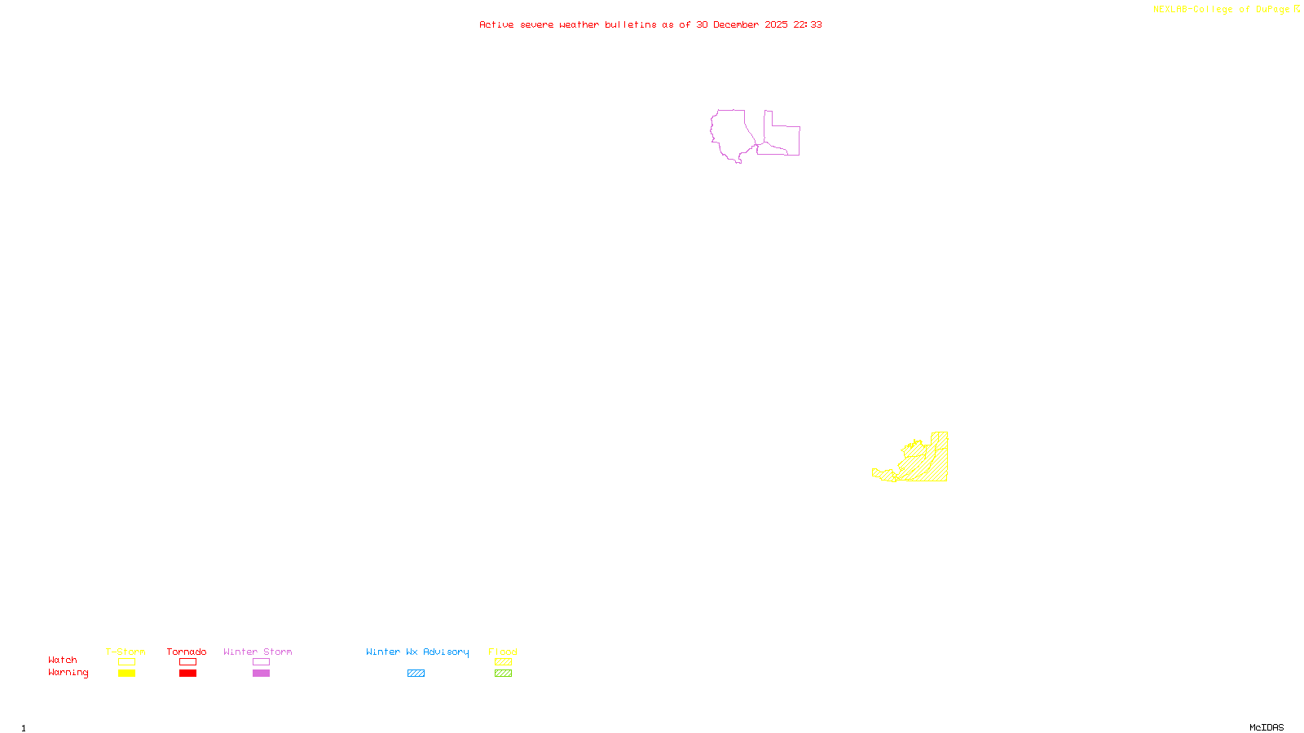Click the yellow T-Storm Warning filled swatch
(x=126, y=674)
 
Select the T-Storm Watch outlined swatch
(x=126, y=662)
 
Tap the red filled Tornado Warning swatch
(x=187, y=674)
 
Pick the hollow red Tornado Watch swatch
(x=187, y=662)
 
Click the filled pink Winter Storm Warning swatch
(x=261, y=674)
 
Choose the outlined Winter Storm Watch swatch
(x=261, y=662)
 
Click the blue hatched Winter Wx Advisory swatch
(x=416, y=674)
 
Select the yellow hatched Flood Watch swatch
(x=503, y=662)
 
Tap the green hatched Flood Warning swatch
(x=503, y=674)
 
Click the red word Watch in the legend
(x=63, y=661)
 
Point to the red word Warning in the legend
(x=68, y=673)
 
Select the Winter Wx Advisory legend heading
(x=417, y=652)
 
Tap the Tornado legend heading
(x=187, y=652)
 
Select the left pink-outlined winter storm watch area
(x=731, y=133)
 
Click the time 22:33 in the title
(x=808, y=24)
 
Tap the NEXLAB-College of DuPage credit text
(x=1221, y=10)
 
